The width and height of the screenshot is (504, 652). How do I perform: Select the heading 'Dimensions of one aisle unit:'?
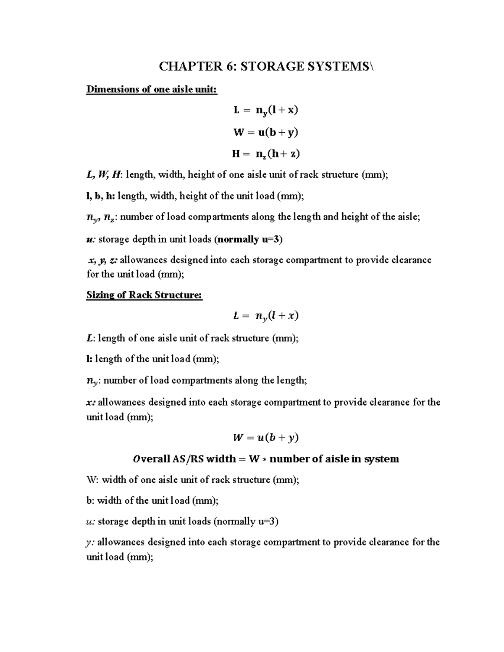click(152, 89)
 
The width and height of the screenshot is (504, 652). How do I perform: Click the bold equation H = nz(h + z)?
click(266, 154)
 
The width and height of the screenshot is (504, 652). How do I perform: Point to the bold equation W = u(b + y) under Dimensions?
click(266, 133)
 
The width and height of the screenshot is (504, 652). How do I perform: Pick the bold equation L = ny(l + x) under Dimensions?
click(266, 110)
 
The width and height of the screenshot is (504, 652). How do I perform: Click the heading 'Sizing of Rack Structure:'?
click(144, 295)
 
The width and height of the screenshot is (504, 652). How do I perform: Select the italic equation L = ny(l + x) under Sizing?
click(266, 316)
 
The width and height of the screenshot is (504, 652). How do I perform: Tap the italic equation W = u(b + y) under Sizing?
click(266, 438)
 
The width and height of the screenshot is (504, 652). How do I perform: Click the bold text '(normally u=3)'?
click(248, 239)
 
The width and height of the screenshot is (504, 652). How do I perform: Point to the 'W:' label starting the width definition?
click(93, 480)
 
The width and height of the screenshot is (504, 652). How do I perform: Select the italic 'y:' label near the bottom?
click(90, 542)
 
